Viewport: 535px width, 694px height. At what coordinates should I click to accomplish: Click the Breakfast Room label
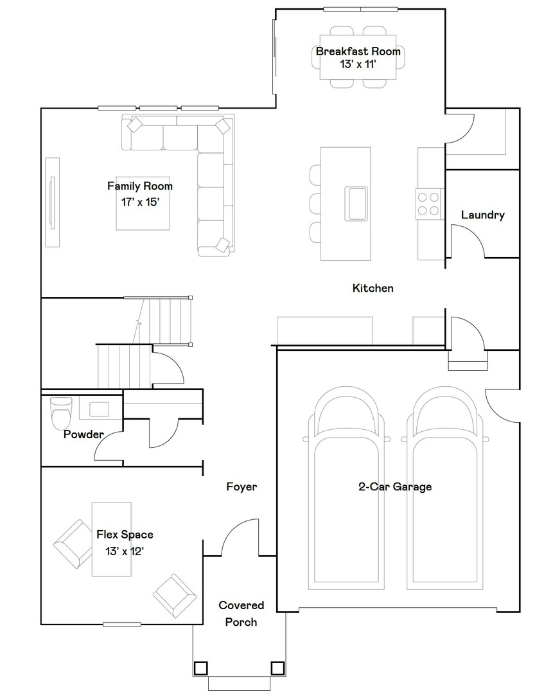point(358,51)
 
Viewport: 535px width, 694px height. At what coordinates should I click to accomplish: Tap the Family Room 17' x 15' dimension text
point(139,201)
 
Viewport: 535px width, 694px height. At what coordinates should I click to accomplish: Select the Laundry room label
point(482,215)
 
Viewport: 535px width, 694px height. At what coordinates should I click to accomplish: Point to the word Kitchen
point(373,288)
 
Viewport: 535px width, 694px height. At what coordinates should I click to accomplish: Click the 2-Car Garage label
point(394,486)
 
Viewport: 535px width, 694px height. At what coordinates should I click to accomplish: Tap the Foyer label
point(241,486)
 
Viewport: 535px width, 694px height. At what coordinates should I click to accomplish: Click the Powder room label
point(83,434)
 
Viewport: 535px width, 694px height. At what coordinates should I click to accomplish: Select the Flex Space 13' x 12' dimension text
point(125,551)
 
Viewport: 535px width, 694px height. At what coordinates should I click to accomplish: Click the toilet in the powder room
point(61,412)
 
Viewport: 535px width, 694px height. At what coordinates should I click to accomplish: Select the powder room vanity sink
point(99,409)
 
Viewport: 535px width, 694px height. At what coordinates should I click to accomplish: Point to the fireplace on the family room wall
point(53,202)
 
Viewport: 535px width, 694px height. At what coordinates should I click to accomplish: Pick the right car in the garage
point(447,488)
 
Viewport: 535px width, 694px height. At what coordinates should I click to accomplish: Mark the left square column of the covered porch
point(201,668)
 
